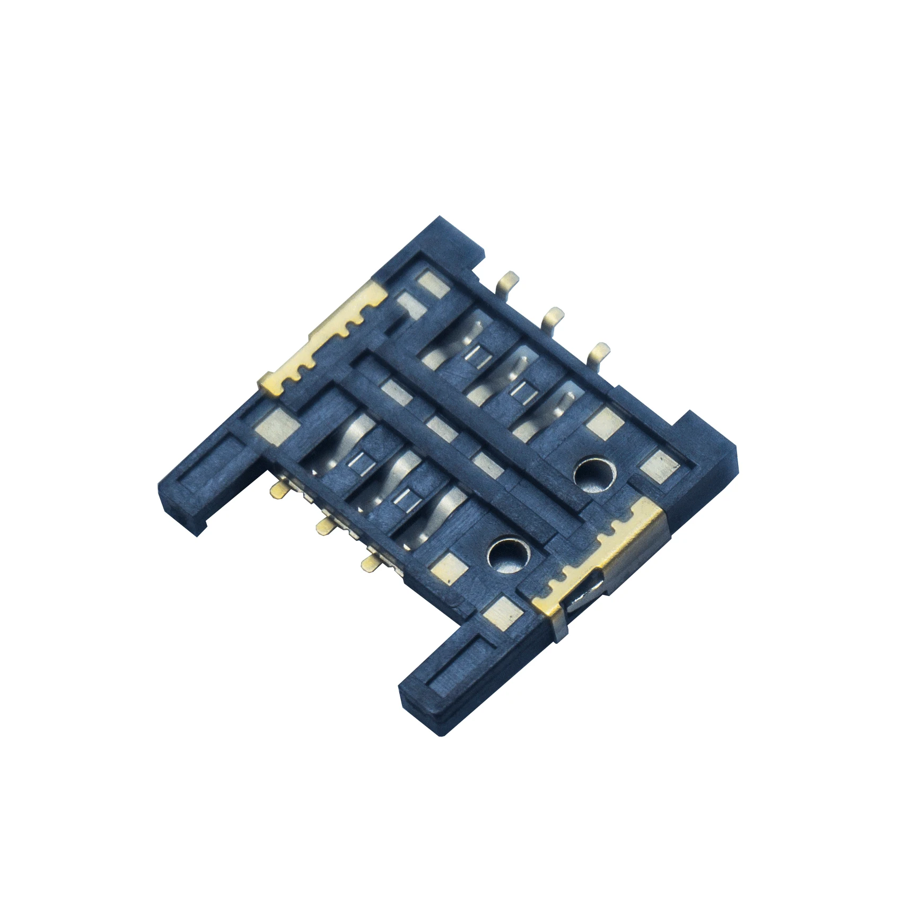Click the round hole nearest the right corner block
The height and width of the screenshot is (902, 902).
(595, 471)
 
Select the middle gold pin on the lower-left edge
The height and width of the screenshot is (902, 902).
(323, 526)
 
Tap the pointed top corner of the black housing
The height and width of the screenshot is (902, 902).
(440, 218)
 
